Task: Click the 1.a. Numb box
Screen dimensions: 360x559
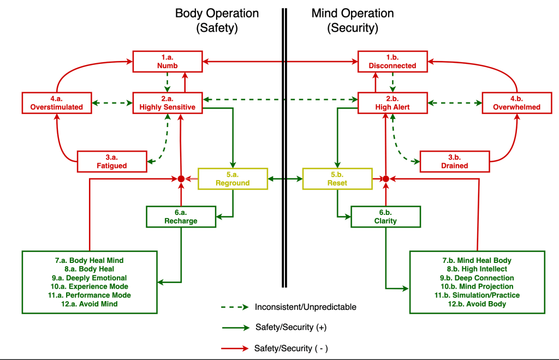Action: click(168, 62)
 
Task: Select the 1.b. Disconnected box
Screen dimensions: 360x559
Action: click(393, 62)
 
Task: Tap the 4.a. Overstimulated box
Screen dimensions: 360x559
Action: click(56, 103)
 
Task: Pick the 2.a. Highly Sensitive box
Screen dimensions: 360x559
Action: click(168, 103)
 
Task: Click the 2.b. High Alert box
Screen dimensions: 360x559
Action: click(393, 103)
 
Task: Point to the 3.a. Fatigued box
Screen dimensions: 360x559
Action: click(112, 161)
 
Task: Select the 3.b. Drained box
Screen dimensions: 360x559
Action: click(454, 161)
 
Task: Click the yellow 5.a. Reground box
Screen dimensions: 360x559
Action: click(233, 178)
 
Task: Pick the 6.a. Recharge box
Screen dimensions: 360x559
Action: click(181, 217)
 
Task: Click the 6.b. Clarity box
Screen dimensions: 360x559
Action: click(386, 217)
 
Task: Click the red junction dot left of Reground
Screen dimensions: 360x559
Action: click(181, 178)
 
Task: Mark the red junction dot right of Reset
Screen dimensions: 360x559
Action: click(385, 178)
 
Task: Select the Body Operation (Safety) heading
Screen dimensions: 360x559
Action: click(217, 20)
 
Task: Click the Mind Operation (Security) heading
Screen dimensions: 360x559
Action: click(352, 20)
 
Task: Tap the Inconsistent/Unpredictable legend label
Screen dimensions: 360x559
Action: click(305, 307)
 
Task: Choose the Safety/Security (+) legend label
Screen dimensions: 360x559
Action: click(290, 327)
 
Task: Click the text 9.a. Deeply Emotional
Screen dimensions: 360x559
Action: click(90, 278)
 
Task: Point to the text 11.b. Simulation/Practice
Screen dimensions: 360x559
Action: click(478, 295)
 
